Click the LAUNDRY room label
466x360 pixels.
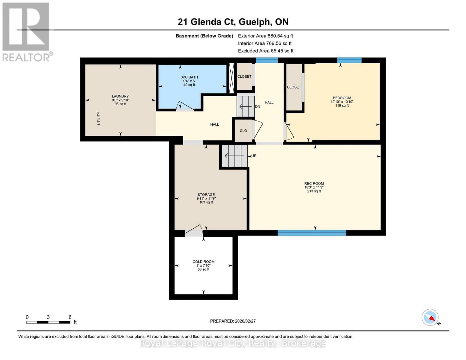tap(120, 97)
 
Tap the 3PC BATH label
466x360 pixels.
tap(189, 77)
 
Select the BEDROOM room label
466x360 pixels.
tap(342, 98)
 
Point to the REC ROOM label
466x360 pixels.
tap(314, 184)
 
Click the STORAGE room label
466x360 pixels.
tap(206, 195)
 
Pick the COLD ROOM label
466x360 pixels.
tap(204, 262)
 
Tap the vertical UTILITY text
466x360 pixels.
tap(99, 118)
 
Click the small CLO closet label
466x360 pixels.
tap(243, 131)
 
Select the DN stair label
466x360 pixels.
tap(257, 106)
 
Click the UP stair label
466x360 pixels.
tap(254, 156)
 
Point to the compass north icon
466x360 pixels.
tap(430, 317)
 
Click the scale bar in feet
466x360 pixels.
tap(48, 322)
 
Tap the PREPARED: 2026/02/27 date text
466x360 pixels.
tap(233, 321)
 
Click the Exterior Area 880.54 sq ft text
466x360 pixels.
tap(265, 36)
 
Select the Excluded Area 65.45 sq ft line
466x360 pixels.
tap(266, 51)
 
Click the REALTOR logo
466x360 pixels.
tap(26, 31)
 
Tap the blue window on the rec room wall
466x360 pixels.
tap(312, 233)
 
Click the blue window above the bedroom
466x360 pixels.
tap(349, 60)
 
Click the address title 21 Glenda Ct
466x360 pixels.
tap(233, 22)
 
